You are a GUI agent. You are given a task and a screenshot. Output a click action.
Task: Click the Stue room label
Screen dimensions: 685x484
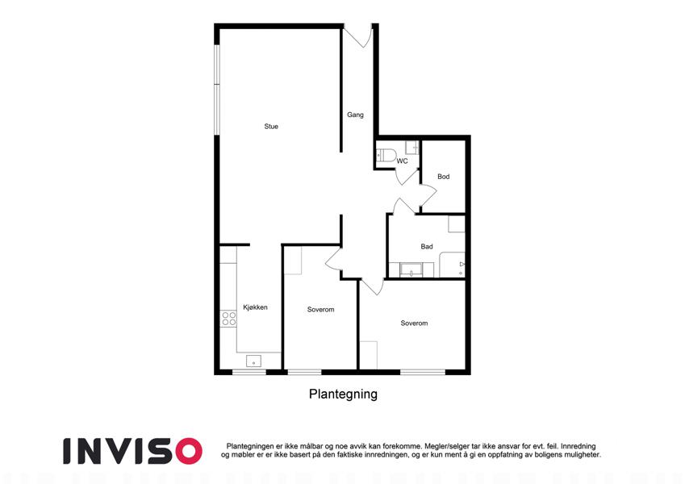pyautogui.click(x=271, y=127)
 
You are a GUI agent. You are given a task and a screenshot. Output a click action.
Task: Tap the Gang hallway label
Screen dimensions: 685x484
pyautogui.click(x=355, y=115)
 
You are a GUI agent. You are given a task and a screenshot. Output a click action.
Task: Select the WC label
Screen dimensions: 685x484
pyautogui.click(x=402, y=161)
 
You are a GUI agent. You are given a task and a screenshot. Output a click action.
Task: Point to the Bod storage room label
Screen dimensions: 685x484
pyautogui.click(x=444, y=177)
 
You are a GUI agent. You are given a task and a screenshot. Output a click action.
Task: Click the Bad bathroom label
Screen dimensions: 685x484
pyautogui.click(x=427, y=247)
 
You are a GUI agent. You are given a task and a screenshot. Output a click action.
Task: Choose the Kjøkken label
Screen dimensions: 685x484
pyautogui.click(x=255, y=307)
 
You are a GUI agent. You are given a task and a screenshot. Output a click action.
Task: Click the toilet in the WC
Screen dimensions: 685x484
pyautogui.click(x=386, y=156)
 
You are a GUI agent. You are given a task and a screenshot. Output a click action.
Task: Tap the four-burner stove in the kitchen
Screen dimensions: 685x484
pyautogui.click(x=228, y=319)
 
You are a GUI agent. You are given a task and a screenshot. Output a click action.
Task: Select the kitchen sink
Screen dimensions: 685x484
pyautogui.click(x=253, y=361)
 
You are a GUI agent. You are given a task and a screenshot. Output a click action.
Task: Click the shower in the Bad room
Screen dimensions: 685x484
pyautogui.click(x=452, y=265)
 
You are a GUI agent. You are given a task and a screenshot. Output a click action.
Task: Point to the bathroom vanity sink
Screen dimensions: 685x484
pyautogui.click(x=411, y=270)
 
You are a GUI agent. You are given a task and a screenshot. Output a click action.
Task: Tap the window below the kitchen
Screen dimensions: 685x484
pyautogui.click(x=249, y=372)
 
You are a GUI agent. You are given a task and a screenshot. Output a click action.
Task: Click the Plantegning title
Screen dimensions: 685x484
pyautogui.click(x=343, y=394)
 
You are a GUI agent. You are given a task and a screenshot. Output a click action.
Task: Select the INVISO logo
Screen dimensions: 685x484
pyautogui.click(x=133, y=451)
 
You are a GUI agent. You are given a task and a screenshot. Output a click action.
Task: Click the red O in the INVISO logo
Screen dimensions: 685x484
pyautogui.click(x=188, y=451)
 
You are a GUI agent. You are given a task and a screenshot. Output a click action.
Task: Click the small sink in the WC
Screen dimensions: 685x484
pyautogui.click(x=412, y=147)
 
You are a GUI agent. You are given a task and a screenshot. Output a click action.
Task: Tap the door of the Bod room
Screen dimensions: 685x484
pyautogui.click(x=428, y=195)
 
